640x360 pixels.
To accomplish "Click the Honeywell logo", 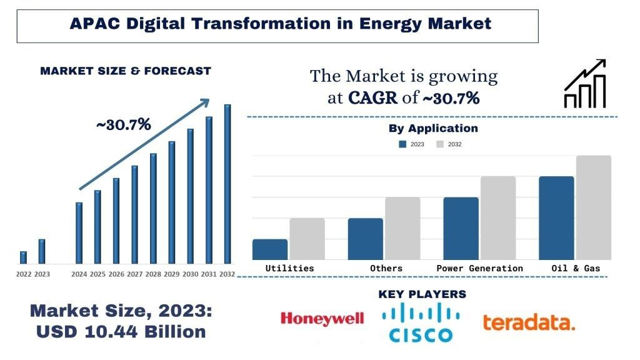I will pos(322,319).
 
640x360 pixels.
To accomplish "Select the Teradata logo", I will pos(529,322).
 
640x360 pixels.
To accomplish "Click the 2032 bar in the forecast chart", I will pos(227,184).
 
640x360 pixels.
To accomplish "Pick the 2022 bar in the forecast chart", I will pos(23,257).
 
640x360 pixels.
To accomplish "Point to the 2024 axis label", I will pos(79,274).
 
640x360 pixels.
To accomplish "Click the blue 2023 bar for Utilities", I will pos(270,249).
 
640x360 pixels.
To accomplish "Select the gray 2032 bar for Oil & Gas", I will pos(593,207).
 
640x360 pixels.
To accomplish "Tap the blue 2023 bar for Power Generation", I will pos(461,228).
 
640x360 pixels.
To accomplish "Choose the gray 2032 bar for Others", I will pos(402,228).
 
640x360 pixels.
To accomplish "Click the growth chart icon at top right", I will pos(584,84).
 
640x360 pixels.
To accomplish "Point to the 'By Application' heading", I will pos(433,129).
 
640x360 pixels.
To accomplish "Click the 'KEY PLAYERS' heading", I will pos(422,294).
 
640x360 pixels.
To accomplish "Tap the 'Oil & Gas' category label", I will pos(575,268).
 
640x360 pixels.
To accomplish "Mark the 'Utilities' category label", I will pos(289,268).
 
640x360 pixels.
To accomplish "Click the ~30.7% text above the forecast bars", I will pos(123,124).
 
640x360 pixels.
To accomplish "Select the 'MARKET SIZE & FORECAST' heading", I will pos(126,71).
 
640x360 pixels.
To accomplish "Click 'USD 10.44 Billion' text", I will pos(121,331).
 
